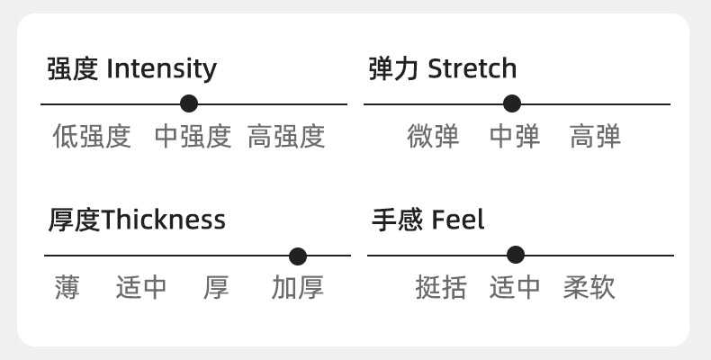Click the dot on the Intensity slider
click(189, 103)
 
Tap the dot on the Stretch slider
click(512, 103)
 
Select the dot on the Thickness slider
click(298, 256)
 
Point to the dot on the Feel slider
click(516, 255)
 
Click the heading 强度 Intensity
click(132, 68)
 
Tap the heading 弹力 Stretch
click(443, 68)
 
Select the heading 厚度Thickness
click(137, 220)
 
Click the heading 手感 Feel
click(428, 220)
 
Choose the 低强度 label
click(92, 137)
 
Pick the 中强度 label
click(193, 137)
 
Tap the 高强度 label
click(286, 137)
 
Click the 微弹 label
click(433, 137)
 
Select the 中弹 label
click(515, 137)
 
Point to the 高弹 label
click(596, 137)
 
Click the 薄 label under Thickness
click(67, 288)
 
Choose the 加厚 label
click(298, 288)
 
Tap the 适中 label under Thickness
click(141, 288)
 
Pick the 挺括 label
click(441, 288)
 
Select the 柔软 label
click(589, 288)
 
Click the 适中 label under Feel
click(515, 288)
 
